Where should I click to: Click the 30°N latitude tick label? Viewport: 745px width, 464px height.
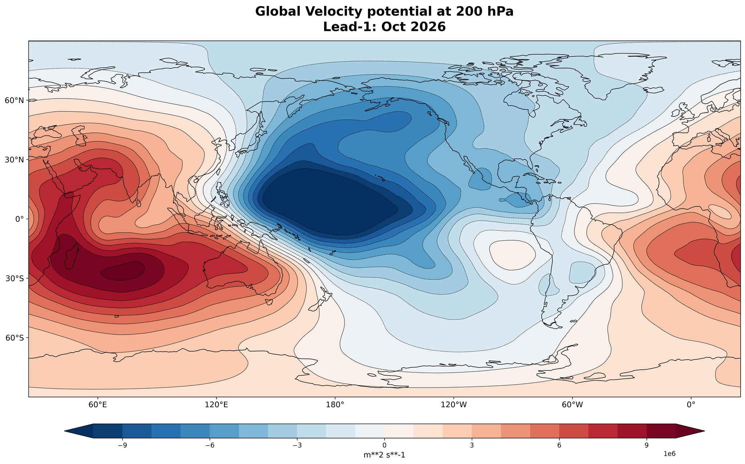point(14,160)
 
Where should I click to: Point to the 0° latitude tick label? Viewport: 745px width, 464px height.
point(19,219)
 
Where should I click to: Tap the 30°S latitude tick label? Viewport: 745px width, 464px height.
point(14,278)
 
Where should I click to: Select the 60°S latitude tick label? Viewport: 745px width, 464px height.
point(14,338)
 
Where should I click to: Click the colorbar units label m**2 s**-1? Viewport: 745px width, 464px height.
point(384,455)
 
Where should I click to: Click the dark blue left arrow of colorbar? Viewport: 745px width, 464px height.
point(79,431)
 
